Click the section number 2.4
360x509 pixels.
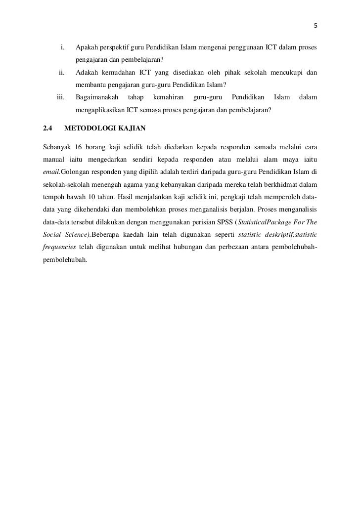[x=47, y=128]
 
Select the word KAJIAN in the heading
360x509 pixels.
[x=130, y=128]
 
